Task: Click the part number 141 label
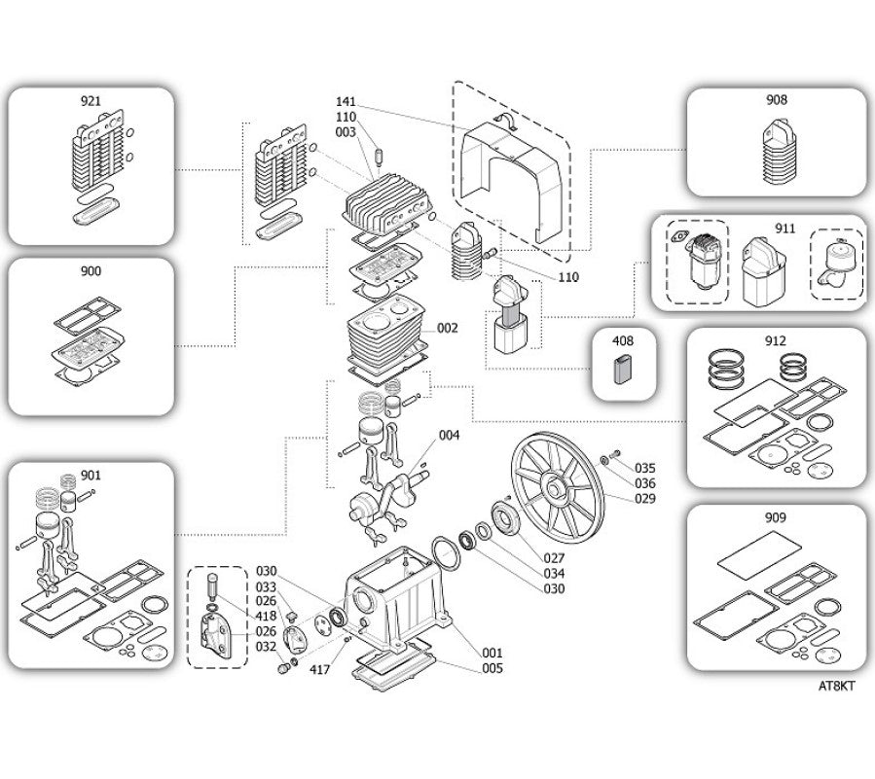346,102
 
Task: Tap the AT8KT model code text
836,687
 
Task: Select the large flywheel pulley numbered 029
558,489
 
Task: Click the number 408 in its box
623,340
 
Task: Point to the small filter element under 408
623,370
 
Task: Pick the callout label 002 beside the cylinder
447,328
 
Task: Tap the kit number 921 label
91,101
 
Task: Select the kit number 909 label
776,518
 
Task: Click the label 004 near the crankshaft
450,435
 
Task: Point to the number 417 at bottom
320,669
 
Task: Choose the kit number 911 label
785,229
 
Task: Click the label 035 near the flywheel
645,469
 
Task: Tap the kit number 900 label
91,271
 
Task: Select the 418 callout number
266,617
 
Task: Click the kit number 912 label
776,340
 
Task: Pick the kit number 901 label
91,476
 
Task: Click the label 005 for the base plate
492,668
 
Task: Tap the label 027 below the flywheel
554,557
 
